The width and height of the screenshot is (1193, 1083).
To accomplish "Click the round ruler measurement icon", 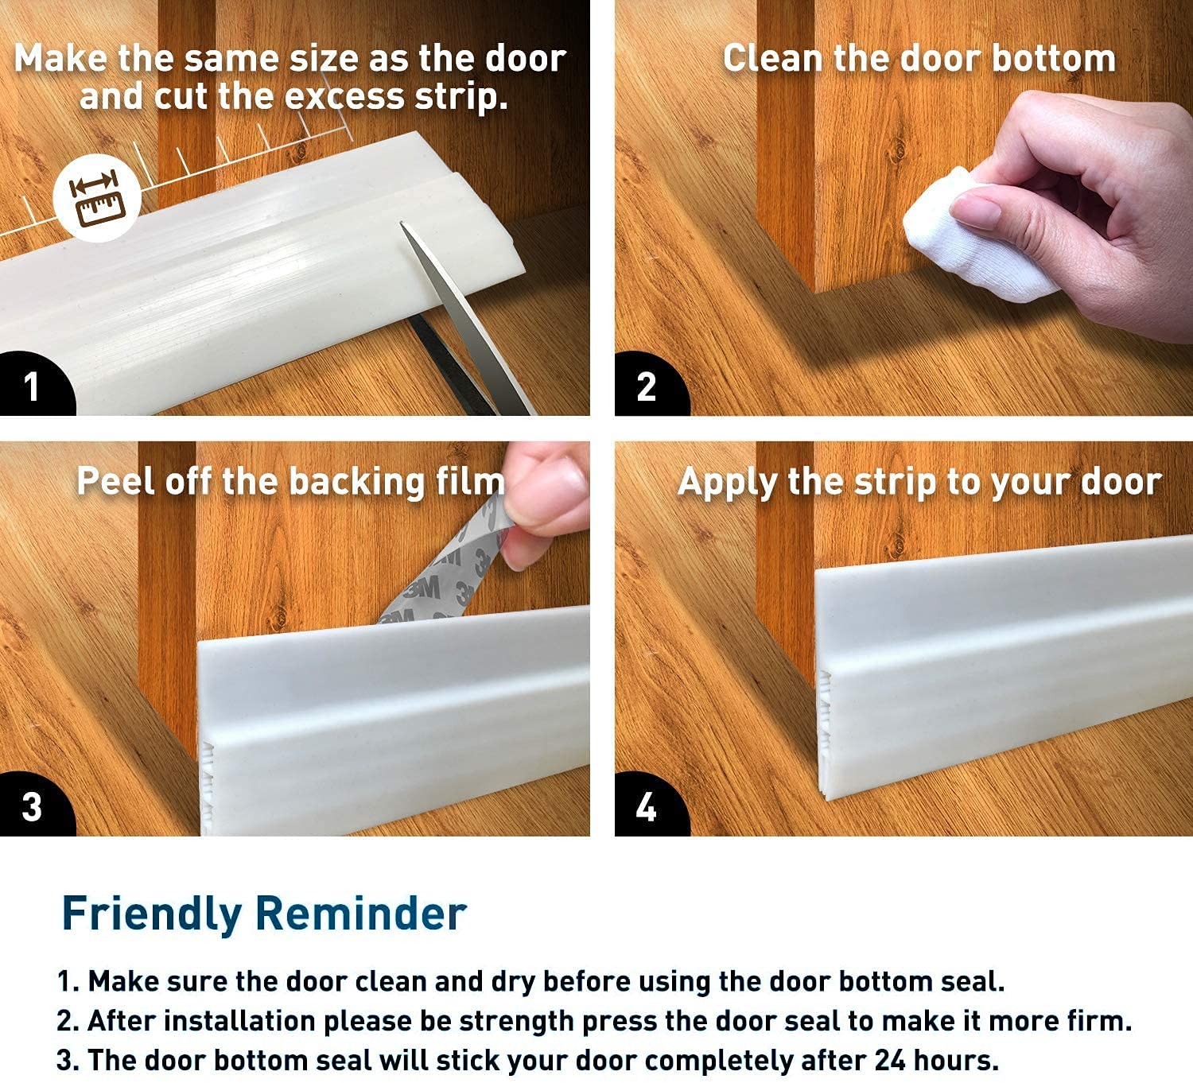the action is [97, 198].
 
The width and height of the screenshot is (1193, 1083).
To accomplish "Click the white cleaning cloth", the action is [975, 238].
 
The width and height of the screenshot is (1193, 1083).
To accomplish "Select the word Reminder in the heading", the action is [361, 913].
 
